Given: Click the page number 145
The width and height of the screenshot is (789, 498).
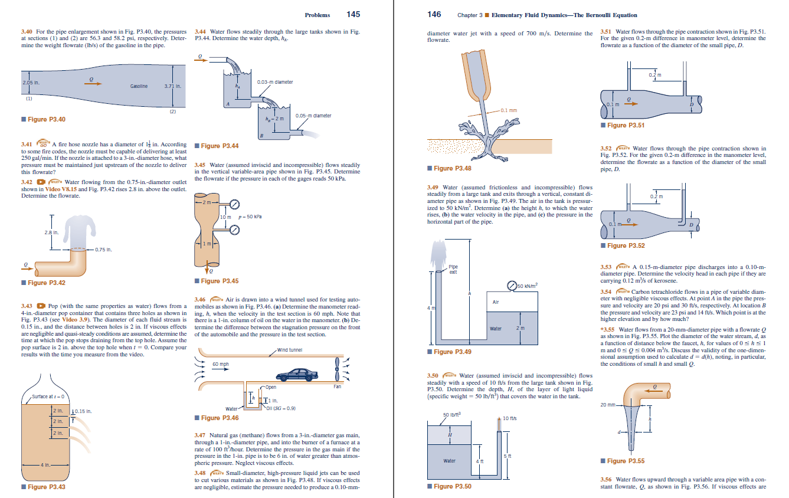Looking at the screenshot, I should point(353,14).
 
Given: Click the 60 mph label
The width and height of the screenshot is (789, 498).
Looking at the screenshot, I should point(220,364).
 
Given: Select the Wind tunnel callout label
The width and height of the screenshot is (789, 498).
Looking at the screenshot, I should point(290,350).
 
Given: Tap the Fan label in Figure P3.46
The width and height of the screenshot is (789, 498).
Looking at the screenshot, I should point(337,387).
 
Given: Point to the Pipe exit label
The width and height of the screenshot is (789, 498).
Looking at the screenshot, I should point(453,269).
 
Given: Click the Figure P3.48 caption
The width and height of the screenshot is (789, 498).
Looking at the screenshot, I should point(452,168).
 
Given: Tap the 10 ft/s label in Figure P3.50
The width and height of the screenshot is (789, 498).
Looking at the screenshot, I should point(509,418).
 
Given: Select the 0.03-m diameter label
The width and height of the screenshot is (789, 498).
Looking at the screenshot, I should point(275,82).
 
